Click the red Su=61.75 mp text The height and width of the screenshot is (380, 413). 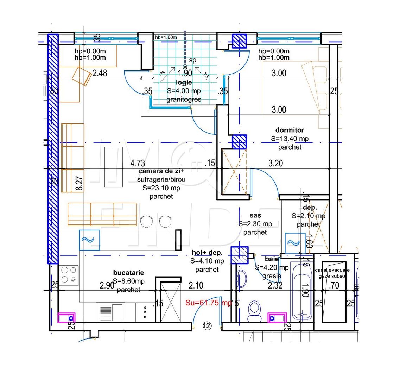208,303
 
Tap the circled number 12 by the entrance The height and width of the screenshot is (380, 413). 207,326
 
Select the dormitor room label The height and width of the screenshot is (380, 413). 290,130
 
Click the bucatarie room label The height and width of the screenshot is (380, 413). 128,273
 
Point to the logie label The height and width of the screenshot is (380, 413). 184,82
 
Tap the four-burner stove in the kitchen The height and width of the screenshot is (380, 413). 69,274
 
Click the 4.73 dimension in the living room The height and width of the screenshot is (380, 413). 137,163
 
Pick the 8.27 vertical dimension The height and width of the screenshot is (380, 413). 80,184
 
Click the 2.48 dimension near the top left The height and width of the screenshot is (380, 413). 100,73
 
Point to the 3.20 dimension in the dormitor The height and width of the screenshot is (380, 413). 275,163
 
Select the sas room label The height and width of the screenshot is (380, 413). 255,215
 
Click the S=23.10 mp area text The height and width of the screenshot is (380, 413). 161,188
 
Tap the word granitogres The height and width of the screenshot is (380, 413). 184,99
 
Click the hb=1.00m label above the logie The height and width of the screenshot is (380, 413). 166,37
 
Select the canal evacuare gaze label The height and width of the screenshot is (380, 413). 332,273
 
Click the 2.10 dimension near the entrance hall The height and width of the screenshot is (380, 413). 196,285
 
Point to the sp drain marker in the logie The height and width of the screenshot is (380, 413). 192,60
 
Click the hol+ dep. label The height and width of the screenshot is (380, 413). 207,253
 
